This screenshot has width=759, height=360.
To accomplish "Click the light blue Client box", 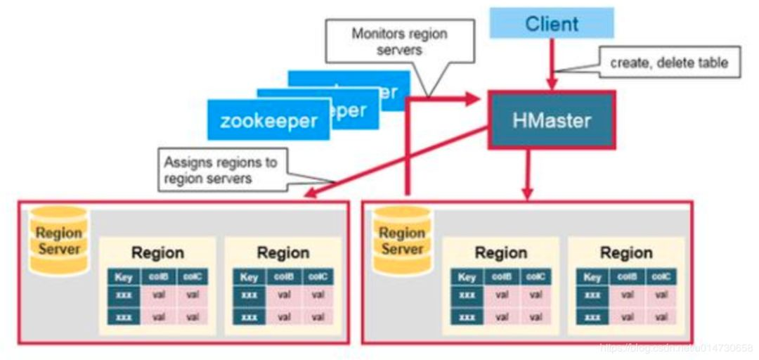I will click(x=551, y=23).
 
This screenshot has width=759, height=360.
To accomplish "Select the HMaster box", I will click(x=551, y=120).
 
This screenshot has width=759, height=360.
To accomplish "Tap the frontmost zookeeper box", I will click(x=268, y=120).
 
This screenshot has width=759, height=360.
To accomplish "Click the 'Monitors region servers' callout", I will click(x=398, y=42).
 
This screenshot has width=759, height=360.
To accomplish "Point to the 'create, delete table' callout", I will click(x=668, y=63).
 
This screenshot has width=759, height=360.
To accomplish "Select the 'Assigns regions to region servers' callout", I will click(x=221, y=170).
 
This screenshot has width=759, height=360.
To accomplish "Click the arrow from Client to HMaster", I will click(x=552, y=63).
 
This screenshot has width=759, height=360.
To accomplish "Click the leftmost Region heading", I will click(x=157, y=252).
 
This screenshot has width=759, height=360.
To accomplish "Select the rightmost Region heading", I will click(x=626, y=252).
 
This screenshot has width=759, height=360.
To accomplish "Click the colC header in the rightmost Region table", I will click(x=661, y=277).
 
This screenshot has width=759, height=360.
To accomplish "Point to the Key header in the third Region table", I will click(x=467, y=277).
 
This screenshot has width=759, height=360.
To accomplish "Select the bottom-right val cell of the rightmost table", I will click(x=661, y=316).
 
